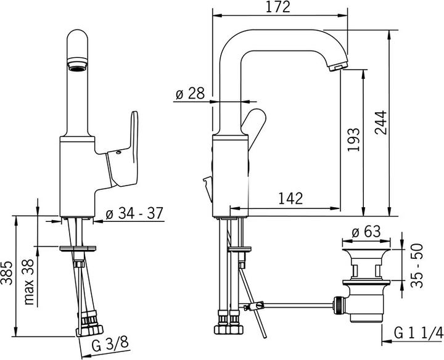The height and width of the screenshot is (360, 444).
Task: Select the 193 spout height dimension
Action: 353,141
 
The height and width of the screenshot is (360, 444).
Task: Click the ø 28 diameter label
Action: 189,94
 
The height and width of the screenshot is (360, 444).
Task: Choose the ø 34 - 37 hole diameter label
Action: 134,213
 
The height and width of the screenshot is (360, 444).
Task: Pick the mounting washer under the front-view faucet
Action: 78,248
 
